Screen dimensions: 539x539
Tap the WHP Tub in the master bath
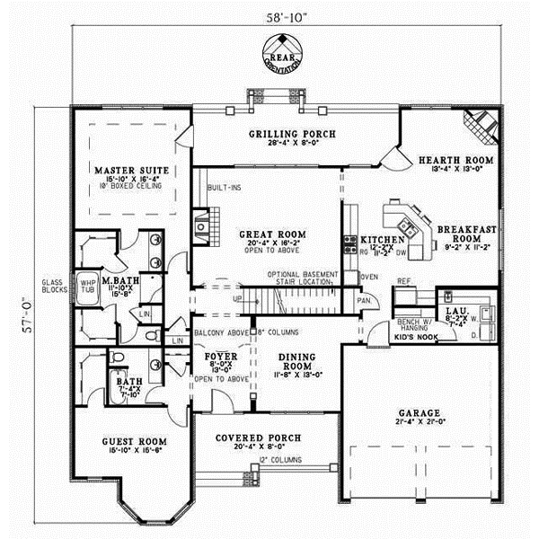(87, 282)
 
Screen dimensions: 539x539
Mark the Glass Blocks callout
(52, 285)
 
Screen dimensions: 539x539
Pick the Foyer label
(219, 356)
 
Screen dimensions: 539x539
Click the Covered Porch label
(258, 438)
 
